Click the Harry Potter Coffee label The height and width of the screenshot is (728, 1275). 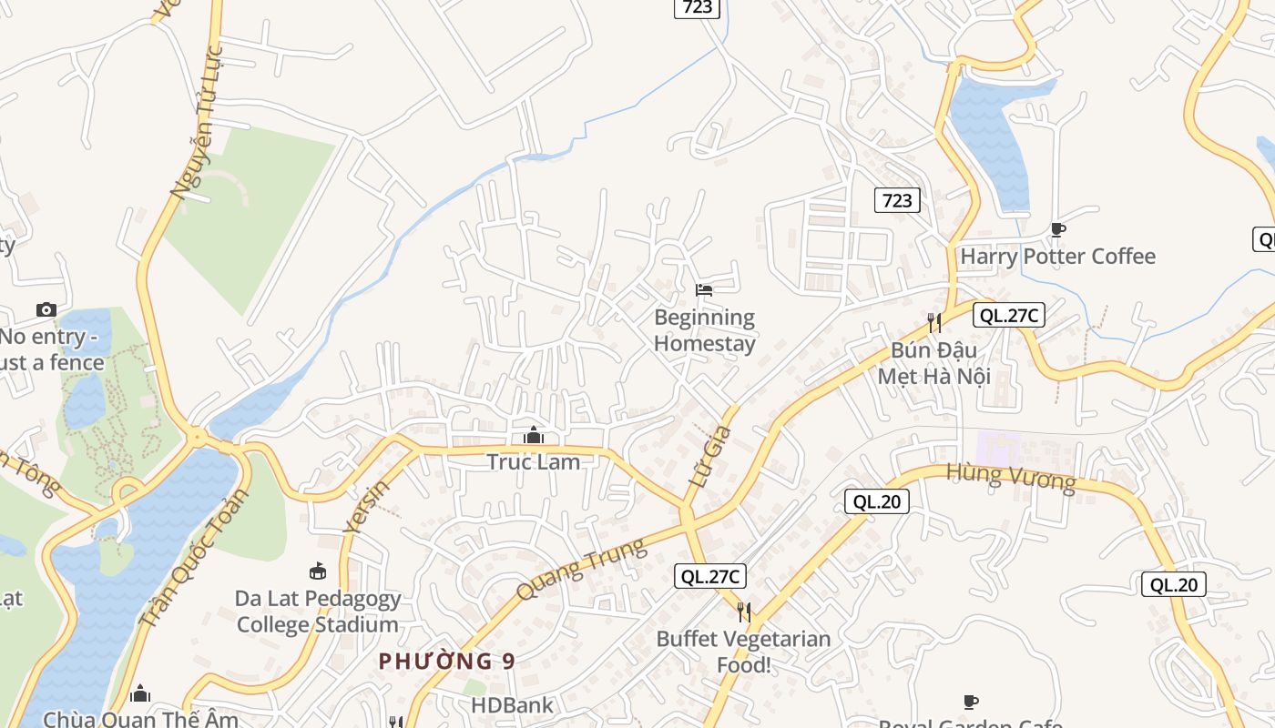point(1057,257)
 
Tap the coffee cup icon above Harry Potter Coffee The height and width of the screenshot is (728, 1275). point(1057,229)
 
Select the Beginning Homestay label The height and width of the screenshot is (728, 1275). point(705,330)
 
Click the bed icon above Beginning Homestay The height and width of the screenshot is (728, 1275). point(704,290)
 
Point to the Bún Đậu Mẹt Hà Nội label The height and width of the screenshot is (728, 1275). point(933,363)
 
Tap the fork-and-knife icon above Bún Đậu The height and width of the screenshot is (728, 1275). point(933,322)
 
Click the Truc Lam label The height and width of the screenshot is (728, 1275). point(534,461)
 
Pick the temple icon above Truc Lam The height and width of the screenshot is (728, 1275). point(534,436)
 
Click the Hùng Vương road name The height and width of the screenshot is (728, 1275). point(1011,476)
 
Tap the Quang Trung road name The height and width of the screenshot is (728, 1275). point(582,568)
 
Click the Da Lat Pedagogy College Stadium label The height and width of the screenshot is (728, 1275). point(318,612)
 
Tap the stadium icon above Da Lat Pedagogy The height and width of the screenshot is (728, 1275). point(318,571)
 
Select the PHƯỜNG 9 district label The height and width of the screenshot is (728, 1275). point(446,661)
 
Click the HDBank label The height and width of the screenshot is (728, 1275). point(512,705)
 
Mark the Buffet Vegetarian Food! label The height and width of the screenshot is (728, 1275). point(744,652)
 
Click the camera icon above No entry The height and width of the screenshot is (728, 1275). point(46,310)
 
